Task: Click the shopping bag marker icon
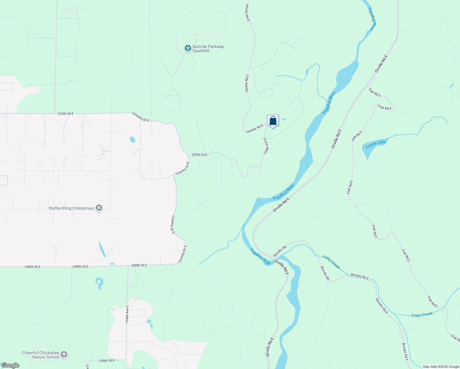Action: click(273, 121)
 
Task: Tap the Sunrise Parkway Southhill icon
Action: click(188, 48)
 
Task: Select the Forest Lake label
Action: click(375, 144)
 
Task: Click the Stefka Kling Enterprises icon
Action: click(99, 208)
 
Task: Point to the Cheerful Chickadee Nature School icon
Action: click(64, 355)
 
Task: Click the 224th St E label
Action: click(65, 114)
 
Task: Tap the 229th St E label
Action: click(199, 155)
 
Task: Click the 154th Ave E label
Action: click(127, 314)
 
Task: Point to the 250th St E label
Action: click(107, 360)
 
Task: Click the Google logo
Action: click(10, 365)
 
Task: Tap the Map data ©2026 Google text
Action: click(441, 367)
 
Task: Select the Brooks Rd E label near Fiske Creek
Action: click(360, 276)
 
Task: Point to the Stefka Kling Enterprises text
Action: click(71, 208)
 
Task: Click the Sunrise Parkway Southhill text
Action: click(208, 49)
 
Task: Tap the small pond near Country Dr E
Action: click(133, 140)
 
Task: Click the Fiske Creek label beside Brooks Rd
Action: click(331, 262)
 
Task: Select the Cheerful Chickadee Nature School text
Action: click(41, 355)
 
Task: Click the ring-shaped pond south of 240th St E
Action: click(99, 282)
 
